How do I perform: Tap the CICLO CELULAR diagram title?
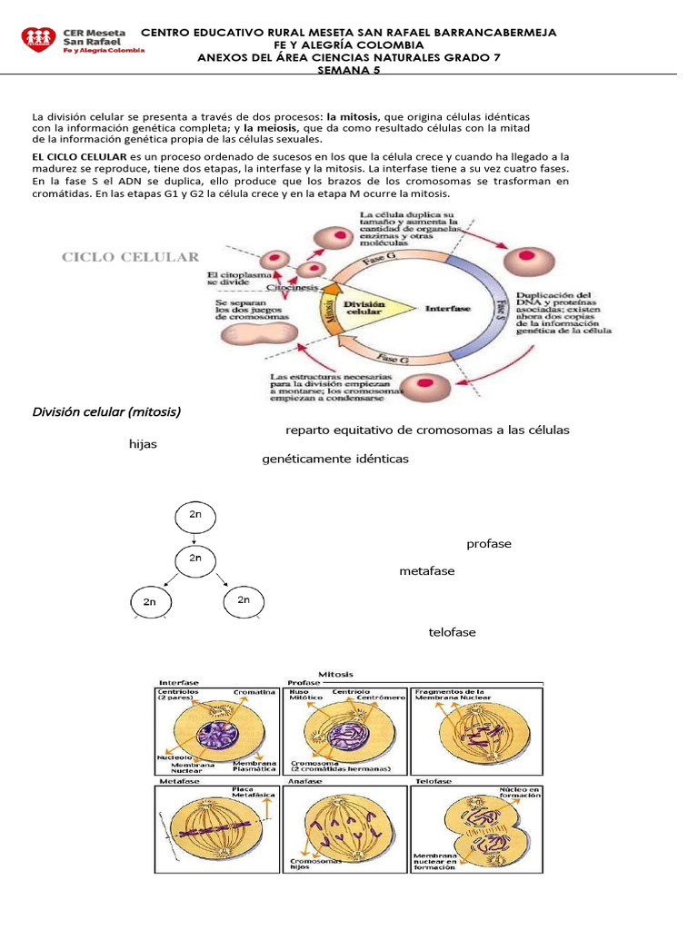pos(130,257)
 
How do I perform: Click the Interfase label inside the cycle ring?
pos(447,309)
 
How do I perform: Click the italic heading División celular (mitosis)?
pos(106,411)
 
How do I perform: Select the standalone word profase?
pos(489,544)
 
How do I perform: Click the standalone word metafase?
pos(427,571)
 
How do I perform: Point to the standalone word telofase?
pos(452,632)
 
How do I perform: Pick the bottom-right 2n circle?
pos(243,600)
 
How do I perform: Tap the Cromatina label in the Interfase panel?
pos(254,692)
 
